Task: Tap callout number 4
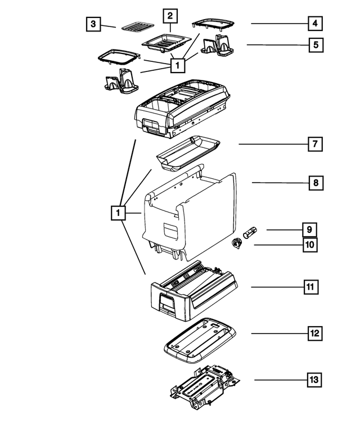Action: click(x=316, y=24)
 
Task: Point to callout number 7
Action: click(x=315, y=144)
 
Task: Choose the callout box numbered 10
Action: click(x=310, y=245)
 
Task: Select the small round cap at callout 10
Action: click(x=236, y=244)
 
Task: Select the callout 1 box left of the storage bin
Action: click(x=117, y=213)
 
